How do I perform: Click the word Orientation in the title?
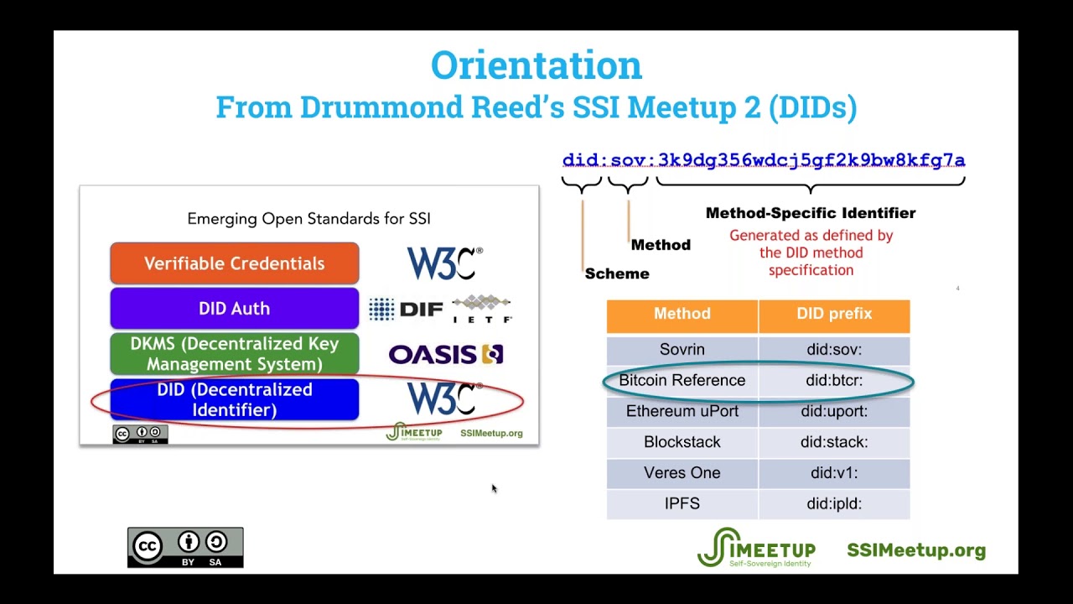click(536, 65)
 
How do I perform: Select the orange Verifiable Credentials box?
click(234, 263)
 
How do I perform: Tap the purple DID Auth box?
click(234, 309)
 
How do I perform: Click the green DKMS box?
click(234, 354)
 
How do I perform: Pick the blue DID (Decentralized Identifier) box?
click(234, 400)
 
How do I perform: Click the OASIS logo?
click(445, 355)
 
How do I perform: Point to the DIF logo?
click(407, 310)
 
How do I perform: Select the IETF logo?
click(481, 310)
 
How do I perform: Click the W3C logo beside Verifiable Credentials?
click(444, 263)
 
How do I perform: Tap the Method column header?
click(682, 314)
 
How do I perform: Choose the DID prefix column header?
click(834, 314)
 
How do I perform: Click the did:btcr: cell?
click(834, 380)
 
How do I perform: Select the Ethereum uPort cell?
click(682, 411)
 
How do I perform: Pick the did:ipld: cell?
click(834, 503)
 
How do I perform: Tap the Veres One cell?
click(682, 472)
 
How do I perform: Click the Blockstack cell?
click(682, 442)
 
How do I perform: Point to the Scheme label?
click(617, 273)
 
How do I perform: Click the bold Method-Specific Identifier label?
click(810, 213)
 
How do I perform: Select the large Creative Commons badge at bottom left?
click(185, 547)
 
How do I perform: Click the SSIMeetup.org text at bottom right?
click(915, 550)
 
